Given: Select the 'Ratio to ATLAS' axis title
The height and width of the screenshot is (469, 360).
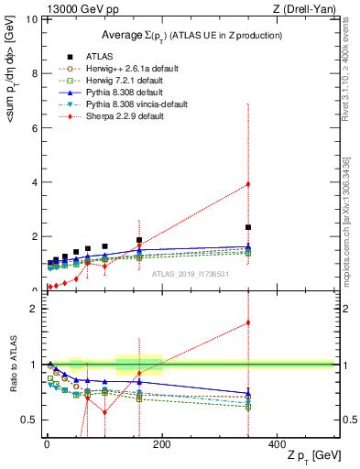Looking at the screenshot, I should pyautogui.click(x=13, y=365).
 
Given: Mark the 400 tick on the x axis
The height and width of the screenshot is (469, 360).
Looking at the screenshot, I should pyautogui.click(x=277, y=443).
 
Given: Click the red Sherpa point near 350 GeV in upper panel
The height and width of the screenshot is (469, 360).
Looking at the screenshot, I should pyautogui.click(x=248, y=184).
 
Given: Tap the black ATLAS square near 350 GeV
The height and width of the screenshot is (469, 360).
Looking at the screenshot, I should pyautogui.click(x=248, y=227).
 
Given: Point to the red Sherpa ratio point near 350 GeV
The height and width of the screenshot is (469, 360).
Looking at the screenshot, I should pyautogui.click(x=248, y=322).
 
